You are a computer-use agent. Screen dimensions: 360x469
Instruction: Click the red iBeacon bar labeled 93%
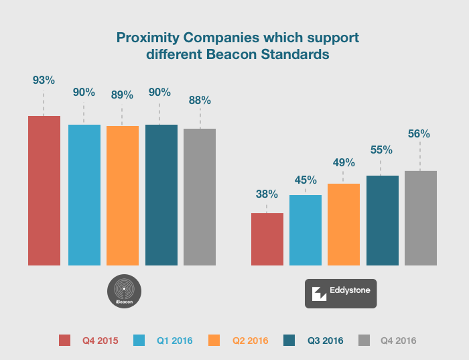[44, 190]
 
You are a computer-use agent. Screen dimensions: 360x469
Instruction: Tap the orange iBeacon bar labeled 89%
[123, 195]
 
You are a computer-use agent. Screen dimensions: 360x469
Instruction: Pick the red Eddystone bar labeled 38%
[267, 239]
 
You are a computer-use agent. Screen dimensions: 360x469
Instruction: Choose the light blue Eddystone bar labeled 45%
[306, 230]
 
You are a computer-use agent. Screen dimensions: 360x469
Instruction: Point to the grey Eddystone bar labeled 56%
[421, 218]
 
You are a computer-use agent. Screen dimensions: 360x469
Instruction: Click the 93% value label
[44, 80]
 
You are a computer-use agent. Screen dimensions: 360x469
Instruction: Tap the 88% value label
[200, 101]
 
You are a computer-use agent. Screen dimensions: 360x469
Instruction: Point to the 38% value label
[267, 194]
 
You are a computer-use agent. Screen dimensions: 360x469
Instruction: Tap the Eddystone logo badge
[340, 293]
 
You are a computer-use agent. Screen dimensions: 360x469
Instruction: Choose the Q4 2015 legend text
[100, 341]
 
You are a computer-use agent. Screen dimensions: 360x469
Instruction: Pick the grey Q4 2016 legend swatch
[365, 340]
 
